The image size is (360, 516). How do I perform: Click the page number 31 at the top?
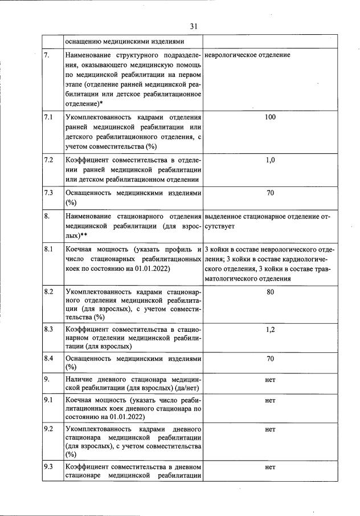point(193,26)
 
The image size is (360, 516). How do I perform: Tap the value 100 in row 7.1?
point(270,117)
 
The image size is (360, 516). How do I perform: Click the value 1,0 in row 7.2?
point(270,160)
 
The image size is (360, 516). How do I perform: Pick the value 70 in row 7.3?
point(270,193)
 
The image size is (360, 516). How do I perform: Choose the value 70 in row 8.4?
point(270,359)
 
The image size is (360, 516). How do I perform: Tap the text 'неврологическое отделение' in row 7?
point(247,55)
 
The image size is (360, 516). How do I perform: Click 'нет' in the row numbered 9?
point(270,379)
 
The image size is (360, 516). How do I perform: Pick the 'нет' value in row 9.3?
point(270,467)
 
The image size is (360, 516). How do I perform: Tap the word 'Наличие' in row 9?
point(80,379)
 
